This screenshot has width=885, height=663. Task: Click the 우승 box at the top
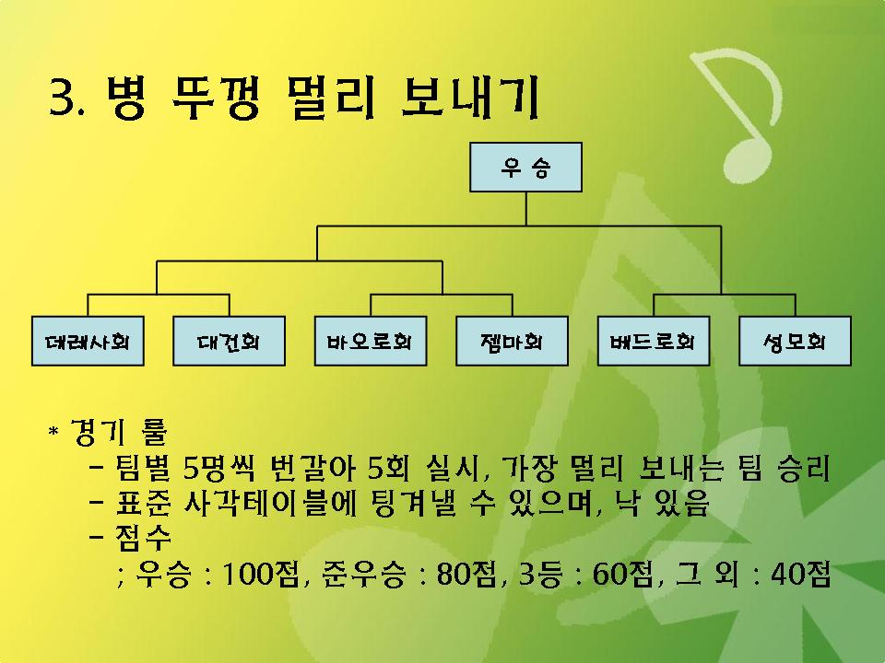click(525, 167)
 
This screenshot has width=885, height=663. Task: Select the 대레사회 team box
click(88, 341)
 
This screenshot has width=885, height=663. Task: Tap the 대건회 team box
click(229, 341)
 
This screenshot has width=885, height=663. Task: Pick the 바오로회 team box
click(371, 341)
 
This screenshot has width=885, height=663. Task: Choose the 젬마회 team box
click(512, 341)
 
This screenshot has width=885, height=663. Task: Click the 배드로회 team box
click(654, 341)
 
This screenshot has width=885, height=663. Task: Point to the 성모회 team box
click(795, 341)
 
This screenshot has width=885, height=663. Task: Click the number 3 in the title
click(63, 98)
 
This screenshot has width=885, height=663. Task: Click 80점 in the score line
click(464, 575)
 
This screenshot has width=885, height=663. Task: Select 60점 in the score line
click(620, 575)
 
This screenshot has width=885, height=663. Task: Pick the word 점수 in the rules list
click(143, 537)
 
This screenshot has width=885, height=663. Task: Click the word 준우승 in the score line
click(364, 575)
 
